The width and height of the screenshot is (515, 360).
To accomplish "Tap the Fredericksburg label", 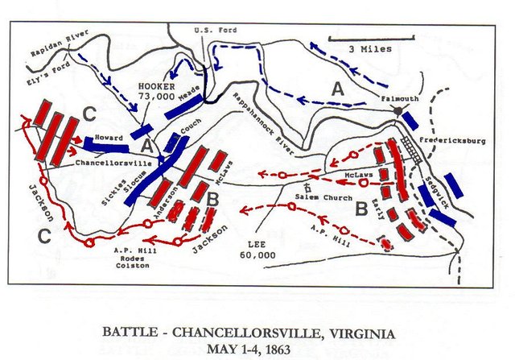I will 456,140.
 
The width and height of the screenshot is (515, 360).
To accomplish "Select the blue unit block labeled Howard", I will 105,147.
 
